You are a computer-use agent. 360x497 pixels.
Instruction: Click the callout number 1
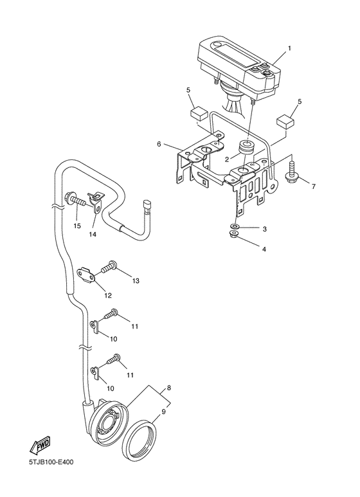click(x=289, y=48)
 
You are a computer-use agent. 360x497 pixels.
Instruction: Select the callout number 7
click(x=313, y=186)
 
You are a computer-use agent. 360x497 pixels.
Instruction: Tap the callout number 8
click(x=168, y=388)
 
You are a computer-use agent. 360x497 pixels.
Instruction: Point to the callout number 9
click(x=163, y=411)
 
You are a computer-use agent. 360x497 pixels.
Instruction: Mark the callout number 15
click(x=76, y=226)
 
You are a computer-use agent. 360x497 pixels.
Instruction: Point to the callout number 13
click(x=136, y=281)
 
